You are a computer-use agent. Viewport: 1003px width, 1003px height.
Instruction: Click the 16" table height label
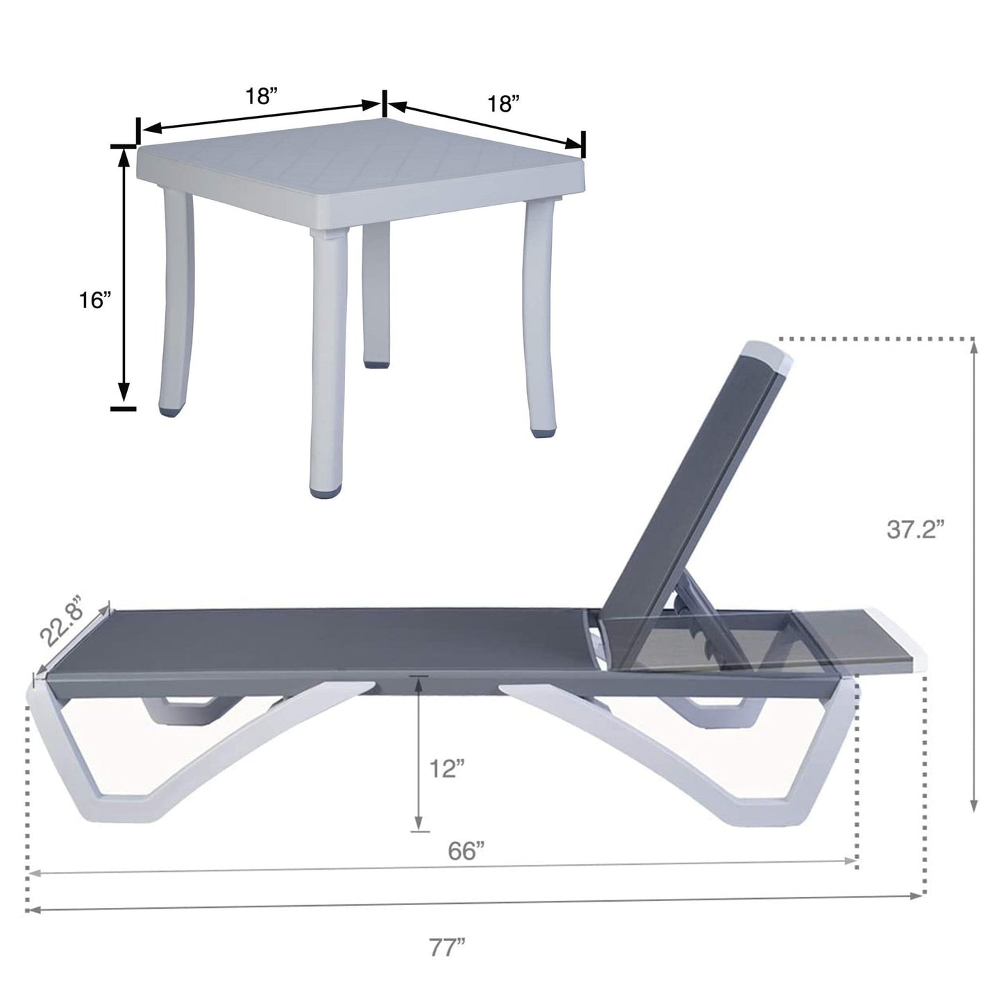(95, 301)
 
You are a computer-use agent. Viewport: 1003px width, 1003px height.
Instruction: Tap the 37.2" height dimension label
(916, 530)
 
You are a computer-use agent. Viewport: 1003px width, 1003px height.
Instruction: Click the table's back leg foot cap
(376, 362)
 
